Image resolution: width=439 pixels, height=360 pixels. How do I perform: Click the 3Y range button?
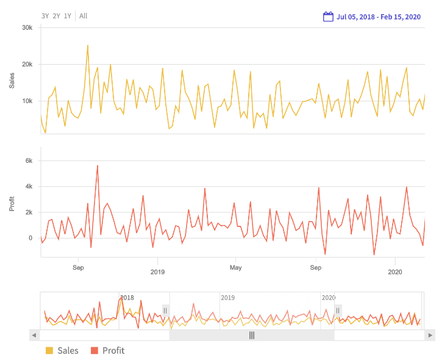pyautogui.click(x=45, y=16)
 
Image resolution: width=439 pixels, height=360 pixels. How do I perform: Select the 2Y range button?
pyautogui.click(x=56, y=16)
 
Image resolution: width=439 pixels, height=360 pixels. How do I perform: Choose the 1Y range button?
pyautogui.click(x=67, y=16)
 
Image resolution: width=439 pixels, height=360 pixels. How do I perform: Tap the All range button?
pyautogui.click(x=83, y=16)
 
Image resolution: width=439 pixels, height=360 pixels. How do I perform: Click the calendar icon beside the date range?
pyautogui.click(x=328, y=16)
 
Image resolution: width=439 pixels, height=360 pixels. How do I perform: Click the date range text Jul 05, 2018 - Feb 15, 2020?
pyautogui.click(x=378, y=16)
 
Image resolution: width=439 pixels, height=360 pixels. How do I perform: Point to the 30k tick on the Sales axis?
pyautogui.click(x=27, y=27)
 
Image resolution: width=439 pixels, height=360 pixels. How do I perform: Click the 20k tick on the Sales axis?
pyautogui.click(x=27, y=64)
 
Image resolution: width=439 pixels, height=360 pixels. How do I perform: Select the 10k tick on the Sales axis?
pyautogui.click(x=27, y=101)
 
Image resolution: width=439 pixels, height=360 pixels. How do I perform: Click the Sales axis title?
pyautogui.click(x=12, y=80)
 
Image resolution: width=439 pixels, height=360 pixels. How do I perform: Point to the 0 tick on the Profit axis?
pyautogui.click(x=30, y=238)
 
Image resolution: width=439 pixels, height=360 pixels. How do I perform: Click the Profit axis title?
pyautogui.click(x=12, y=203)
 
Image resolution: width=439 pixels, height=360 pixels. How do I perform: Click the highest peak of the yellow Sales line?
pyautogui.click(x=88, y=45)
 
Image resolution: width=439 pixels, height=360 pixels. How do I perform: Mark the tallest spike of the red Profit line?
pyautogui.click(x=97, y=165)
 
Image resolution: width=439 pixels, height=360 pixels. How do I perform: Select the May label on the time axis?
pyautogui.click(x=236, y=267)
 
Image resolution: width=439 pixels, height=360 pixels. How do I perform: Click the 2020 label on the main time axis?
pyautogui.click(x=395, y=272)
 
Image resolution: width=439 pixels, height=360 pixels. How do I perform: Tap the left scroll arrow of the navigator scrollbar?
pyautogui.click(x=34, y=335)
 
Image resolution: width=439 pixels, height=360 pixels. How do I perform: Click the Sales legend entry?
pyautogui.click(x=62, y=350)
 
